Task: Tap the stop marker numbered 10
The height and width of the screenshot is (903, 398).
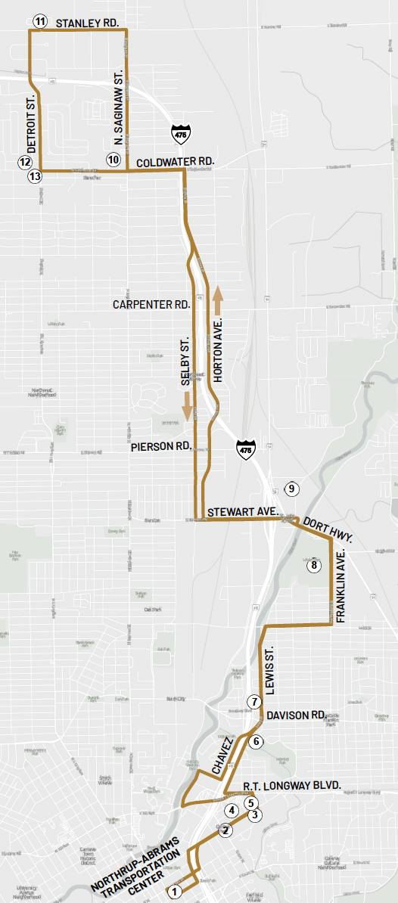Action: click(113, 160)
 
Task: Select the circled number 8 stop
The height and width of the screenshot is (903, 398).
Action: click(314, 564)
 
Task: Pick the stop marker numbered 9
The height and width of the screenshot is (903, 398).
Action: click(293, 488)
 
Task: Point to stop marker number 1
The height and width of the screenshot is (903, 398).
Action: click(176, 892)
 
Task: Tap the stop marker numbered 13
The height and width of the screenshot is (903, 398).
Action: click(35, 176)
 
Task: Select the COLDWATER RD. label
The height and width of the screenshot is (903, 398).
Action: click(176, 161)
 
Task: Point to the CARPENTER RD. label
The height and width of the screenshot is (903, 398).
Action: click(151, 305)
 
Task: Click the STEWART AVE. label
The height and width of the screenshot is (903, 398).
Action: click(243, 512)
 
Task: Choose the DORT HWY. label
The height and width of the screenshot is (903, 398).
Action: click(327, 527)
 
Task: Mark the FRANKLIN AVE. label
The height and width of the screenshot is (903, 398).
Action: click(341, 593)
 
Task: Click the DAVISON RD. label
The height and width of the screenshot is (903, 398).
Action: click(296, 715)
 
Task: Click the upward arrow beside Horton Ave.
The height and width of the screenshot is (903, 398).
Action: click(218, 299)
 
